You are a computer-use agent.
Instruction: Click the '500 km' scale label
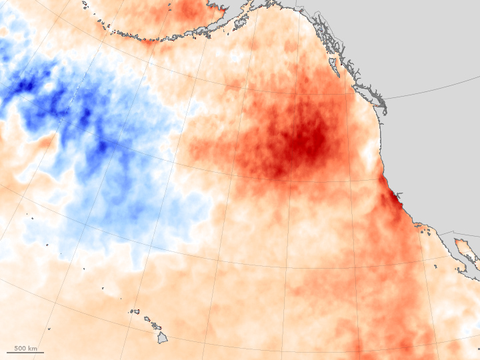pyautogui.click(x=25, y=347)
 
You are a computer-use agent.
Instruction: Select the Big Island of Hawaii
pyautogui.click(x=162, y=338)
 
